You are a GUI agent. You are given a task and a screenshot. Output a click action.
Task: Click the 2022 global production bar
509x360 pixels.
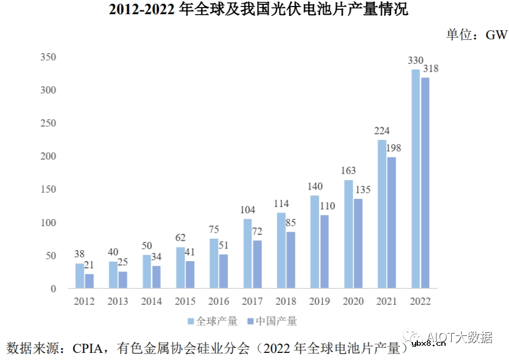tap(416, 179)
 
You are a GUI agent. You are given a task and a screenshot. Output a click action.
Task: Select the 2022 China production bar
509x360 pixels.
tap(425, 183)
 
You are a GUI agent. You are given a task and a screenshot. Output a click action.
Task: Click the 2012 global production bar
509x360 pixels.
tap(80, 276)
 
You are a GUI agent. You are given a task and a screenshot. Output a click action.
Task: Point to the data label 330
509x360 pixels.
tap(416, 61)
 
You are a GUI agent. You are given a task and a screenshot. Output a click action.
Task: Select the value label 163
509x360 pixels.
tap(348, 171)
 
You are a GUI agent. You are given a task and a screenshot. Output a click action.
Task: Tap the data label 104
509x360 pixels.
tap(248, 210)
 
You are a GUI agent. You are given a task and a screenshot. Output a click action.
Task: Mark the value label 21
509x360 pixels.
tap(90, 265)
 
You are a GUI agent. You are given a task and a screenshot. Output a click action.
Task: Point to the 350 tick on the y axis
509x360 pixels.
tap(48, 57)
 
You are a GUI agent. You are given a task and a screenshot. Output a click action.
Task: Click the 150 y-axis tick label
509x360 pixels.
tap(48, 190)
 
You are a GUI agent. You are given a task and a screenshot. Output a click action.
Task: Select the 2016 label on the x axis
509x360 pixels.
tap(219, 302)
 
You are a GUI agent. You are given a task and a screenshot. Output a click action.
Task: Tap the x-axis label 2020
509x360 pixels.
tap(353, 302)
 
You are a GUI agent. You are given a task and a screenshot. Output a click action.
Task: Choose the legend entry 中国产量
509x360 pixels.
tap(273, 321)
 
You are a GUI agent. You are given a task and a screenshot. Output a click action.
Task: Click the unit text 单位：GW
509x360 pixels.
tap(476, 34)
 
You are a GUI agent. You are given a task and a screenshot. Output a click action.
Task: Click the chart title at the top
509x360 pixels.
tap(254, 10)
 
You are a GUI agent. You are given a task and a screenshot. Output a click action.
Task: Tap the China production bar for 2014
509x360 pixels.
tap(156, 277)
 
